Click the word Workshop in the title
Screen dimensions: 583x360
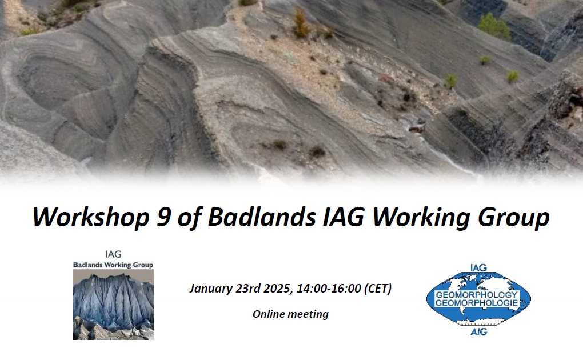coord(91,217)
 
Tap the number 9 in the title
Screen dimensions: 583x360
coord(164,217)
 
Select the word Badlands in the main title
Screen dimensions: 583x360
coord(262,217)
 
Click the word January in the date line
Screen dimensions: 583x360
coord(211,289)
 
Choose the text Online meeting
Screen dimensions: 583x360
coord(290,314)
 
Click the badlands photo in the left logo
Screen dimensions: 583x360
coord(114,305)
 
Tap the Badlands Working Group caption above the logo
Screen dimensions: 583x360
coord(113,265)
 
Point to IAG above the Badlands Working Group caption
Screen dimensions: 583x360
coord(113,254)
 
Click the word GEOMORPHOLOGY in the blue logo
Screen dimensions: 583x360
coord(477,294)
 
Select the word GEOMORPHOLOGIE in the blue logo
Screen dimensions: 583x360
coord(477,303)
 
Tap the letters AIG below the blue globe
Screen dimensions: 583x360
coord(478,331)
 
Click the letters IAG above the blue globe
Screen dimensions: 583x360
coord(478,268)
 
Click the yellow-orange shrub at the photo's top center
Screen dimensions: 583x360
coord(301,23)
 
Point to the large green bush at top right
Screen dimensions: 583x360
coord(494,26)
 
